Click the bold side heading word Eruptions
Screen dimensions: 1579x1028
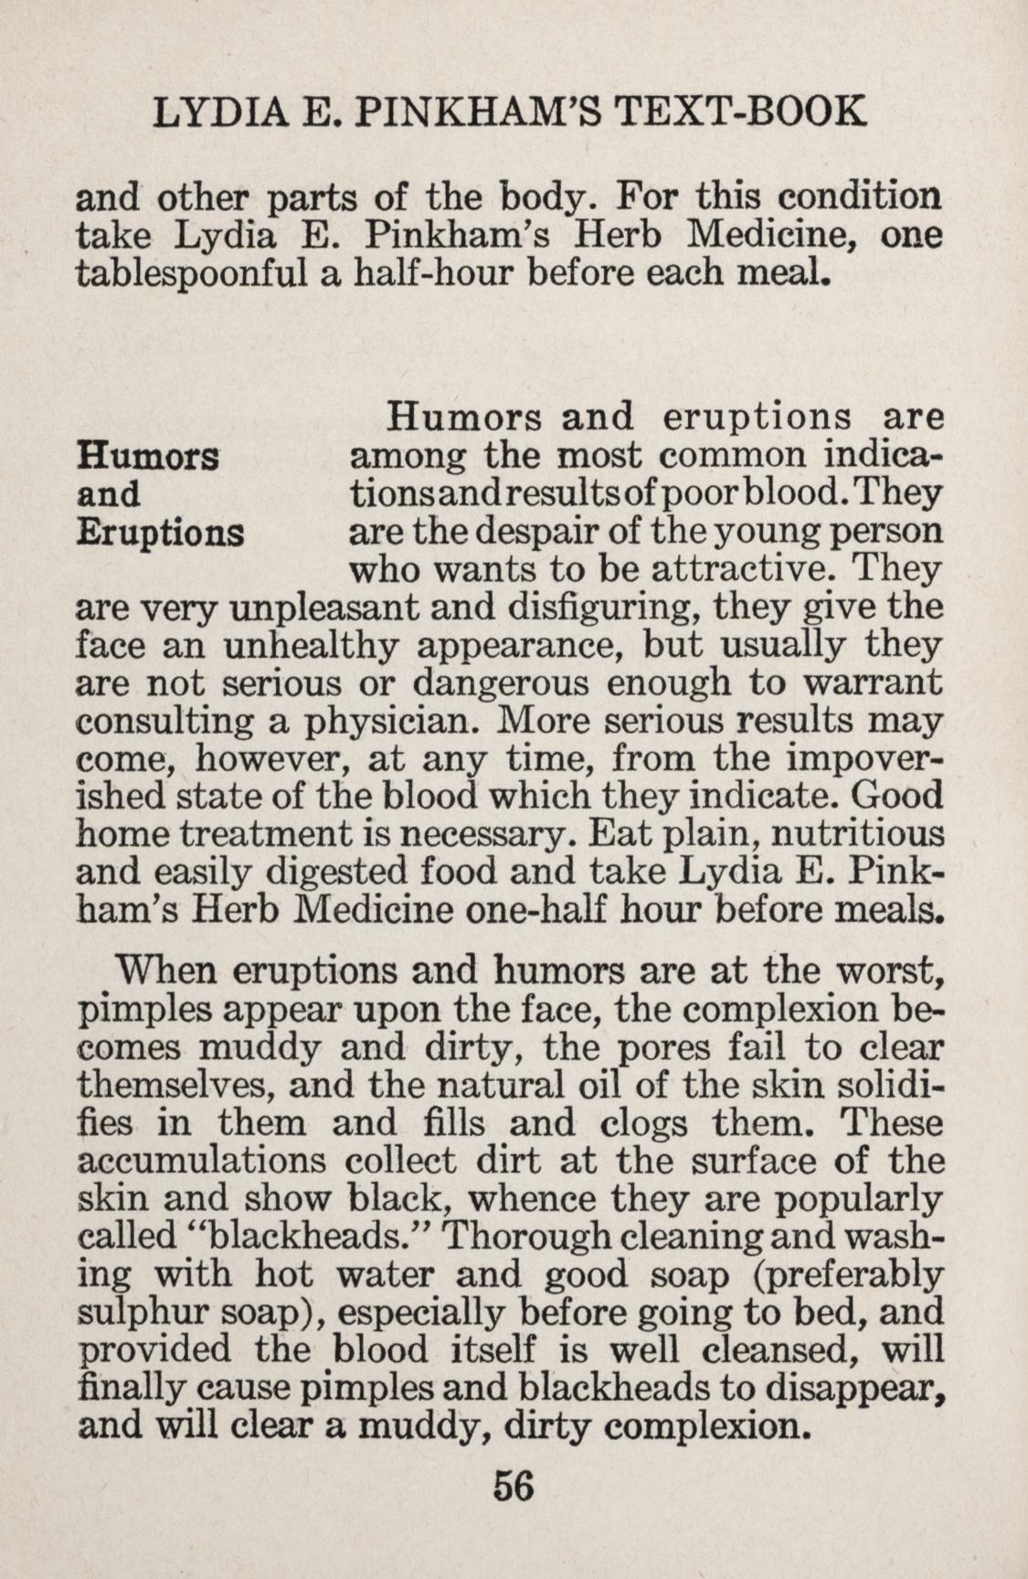click(x=161, y=532)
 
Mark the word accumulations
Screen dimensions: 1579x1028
click(x=202, y=1161)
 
